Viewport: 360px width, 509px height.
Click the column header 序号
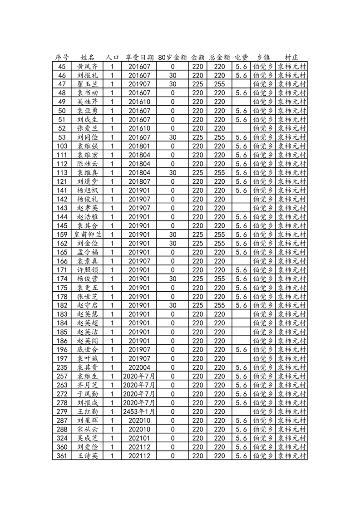tap(62, 58)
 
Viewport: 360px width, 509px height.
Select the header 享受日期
tap(139, 58)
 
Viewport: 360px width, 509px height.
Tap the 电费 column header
tap(241, 58)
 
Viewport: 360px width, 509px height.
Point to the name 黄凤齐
tap(88, 66)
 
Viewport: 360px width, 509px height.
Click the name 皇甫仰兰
tap(88, 235)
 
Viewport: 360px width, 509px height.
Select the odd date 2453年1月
tap(139, 411)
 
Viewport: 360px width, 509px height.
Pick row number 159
tap(62, 235)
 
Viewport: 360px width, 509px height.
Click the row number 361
tap(62, 456)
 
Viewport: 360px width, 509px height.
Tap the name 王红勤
tap(88, 411)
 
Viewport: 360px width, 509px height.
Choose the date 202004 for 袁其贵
tap(139, 367)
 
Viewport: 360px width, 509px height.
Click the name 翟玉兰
tap(88, 84)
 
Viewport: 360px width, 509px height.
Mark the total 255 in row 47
tap(219, 84)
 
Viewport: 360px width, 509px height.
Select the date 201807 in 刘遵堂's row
tap(139, 181)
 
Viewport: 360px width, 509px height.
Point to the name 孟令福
tap(88, 252)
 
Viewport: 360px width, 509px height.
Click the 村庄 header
tap(291, 58)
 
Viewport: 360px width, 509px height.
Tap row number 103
tap(62, 146)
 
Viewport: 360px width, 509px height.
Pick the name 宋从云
tap(88, 429)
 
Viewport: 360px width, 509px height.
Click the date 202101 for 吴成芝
tap(139, 438)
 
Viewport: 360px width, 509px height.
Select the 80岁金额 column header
tap(173, 58)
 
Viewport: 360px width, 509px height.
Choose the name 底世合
tap(88, 350)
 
